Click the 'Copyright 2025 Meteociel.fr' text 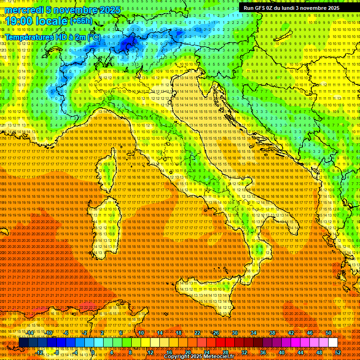click(x=205, y=357)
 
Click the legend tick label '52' click(x=338, y=352)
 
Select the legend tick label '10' click(x=141, y=333)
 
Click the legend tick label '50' click(x=329, y=333)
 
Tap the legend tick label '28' click(x=225, y=352)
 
